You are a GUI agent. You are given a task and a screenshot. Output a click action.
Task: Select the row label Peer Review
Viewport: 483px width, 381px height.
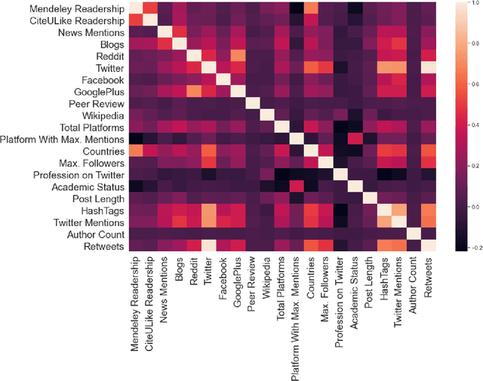[92, 103]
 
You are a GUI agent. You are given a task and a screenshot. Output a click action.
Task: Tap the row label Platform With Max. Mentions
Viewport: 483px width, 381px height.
[63, 138]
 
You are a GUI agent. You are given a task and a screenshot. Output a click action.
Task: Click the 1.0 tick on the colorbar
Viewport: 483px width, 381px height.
[472, 5]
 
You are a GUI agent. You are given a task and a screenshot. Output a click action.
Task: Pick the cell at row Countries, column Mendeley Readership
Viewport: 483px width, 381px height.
[135, 150]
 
